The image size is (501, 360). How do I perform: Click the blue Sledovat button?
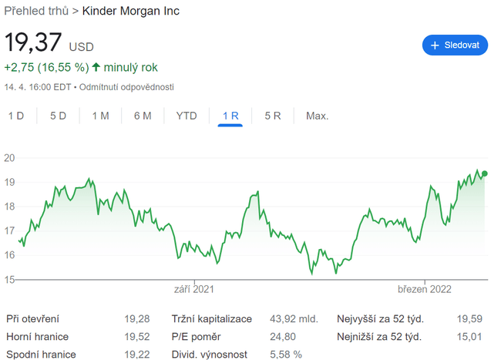coord(455,45)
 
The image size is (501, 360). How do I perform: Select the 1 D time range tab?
coord(16,116)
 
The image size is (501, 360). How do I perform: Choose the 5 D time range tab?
coord(58,116)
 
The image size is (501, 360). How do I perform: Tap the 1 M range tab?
coord(100,116)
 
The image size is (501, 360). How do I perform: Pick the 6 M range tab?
coord(142,116)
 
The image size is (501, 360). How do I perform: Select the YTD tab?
coord(187,116)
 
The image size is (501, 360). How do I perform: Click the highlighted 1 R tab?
coord(230,116)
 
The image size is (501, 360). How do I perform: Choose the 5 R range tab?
coord(273,116)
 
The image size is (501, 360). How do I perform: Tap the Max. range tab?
coord(317,116)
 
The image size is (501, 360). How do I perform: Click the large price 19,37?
coord(34,43)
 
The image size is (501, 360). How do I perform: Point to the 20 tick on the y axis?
coord(10,158)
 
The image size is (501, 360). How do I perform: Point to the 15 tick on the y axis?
coord(10,279)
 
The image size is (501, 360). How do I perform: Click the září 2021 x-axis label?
coord(193,290)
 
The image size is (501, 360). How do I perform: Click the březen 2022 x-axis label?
coord(424,290)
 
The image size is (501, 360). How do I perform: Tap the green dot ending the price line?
coord(484,173)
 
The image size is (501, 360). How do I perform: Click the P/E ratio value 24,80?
coord(284,337)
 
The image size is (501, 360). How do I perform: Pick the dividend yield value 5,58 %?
coord(287,355)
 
